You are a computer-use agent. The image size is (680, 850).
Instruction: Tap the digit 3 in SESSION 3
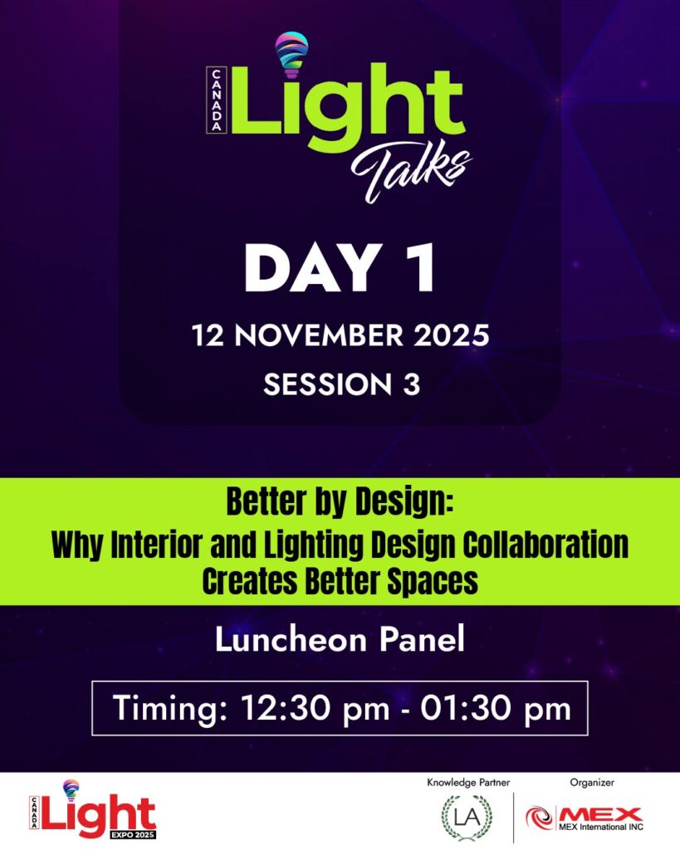[409, 384]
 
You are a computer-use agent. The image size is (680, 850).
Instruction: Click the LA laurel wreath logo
[465, 818]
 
